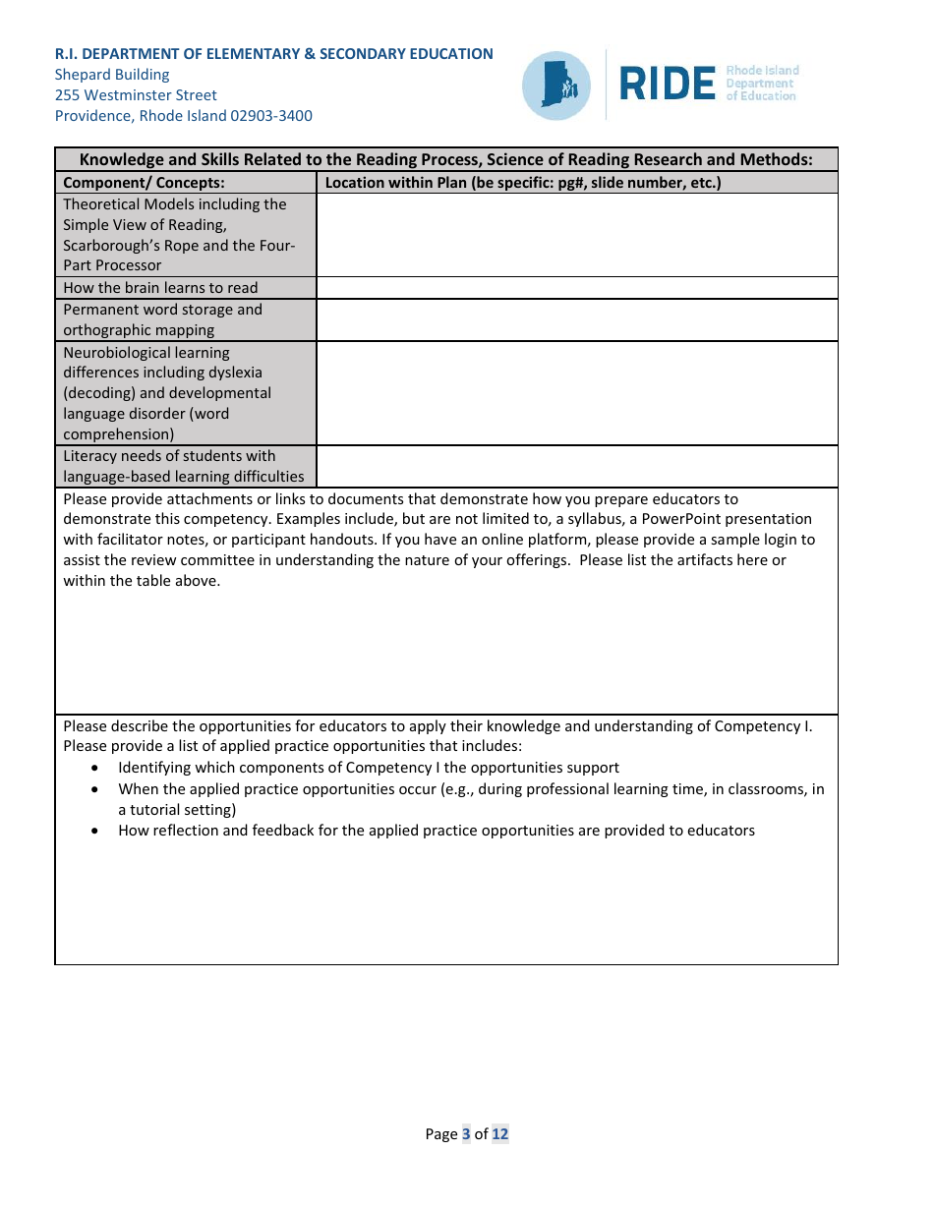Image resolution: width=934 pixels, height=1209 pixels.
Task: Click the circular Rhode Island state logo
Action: [x=556, y=86]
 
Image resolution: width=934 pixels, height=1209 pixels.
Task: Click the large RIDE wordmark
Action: [x=668, y=85]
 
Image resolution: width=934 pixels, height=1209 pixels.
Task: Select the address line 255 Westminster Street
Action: [x=136, y=95]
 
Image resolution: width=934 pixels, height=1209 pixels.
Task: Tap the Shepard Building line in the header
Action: [x=112, y=75]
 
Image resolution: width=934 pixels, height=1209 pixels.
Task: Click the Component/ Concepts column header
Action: [x=144, y=183]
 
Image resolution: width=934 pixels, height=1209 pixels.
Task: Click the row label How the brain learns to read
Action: [x=160, y=288]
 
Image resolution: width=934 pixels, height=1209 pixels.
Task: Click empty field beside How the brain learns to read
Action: [x=577, y=288]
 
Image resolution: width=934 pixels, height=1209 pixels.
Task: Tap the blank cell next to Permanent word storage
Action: [x=577, y=319]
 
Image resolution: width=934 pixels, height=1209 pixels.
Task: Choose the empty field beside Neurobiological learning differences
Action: [x=577, y=393]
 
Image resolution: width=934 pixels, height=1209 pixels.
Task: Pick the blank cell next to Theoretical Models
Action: [x=577, y=235]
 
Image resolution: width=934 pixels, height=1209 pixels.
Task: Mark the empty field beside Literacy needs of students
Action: [x=577, y=466]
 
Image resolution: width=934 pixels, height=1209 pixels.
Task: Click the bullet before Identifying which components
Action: [x=94, y=768]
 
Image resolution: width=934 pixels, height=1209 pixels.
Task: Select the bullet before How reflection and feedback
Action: [x=94, y=831]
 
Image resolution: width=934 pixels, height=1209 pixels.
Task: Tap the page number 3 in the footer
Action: [x=466, y=1134]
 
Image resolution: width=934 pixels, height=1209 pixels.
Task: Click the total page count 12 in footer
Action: [x=500, y=1134]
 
